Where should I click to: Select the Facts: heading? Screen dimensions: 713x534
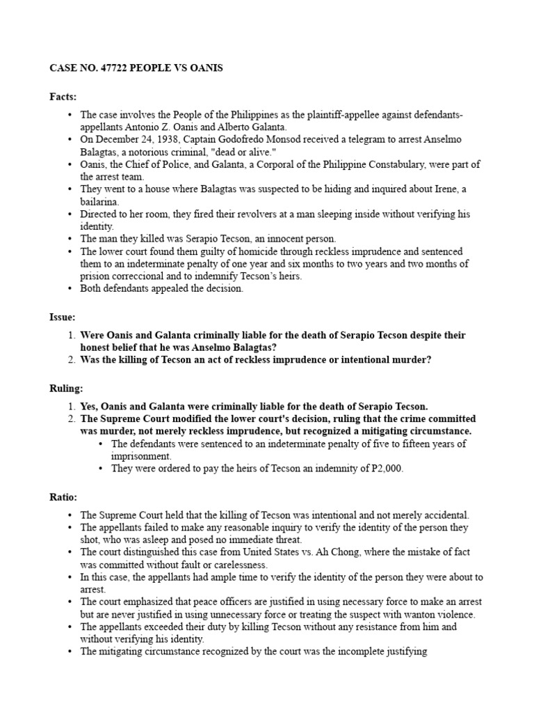click(63, 97)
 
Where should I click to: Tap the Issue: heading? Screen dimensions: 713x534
click(63, 316)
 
